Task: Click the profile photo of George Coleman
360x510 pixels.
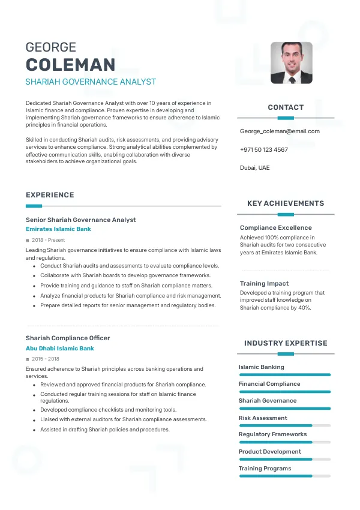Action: pos(292,62)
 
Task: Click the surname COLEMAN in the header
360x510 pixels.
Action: pos(70,65)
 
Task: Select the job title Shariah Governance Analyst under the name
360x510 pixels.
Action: pos(91,82)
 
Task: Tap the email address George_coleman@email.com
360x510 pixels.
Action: pos(280,131)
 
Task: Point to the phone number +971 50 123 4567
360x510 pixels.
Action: pos(263,149)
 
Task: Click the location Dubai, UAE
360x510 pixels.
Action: pos(254,167)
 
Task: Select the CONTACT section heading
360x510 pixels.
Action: pos(286,107)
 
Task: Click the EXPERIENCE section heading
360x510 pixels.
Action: pos(50,195)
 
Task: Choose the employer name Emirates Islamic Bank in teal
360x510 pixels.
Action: pos(58,229)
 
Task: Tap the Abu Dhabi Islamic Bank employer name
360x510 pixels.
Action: pos(59,348)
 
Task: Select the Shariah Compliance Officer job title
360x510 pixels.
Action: pos(68,338)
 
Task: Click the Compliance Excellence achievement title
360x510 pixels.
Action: pos(275,227)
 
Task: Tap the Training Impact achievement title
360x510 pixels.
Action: pos(264,283)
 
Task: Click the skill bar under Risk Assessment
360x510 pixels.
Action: pos(284,425)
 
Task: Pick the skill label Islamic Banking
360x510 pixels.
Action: pos(261,367)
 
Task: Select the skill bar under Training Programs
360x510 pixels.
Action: pos(284,476)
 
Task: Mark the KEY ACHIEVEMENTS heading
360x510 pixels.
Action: pos(286,203)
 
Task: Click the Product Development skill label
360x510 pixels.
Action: pos(269,451)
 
